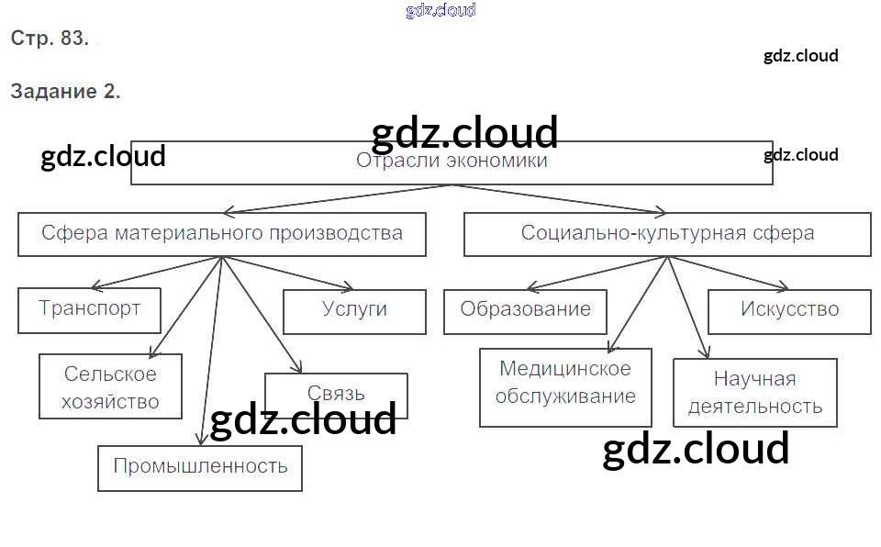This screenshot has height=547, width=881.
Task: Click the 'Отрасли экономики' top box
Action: pos(452,162)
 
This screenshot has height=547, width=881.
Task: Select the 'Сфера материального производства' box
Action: pos(222,233)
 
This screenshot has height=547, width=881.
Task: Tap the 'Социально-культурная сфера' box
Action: pos(667,233)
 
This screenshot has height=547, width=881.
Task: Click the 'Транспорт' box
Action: pos(89,309)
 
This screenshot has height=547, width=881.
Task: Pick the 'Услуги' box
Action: pos(354,310)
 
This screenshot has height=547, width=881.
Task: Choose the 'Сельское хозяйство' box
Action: pos(110,387)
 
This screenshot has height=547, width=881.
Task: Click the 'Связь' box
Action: pos(336,393)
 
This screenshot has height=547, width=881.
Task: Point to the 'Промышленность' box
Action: pos(200,466)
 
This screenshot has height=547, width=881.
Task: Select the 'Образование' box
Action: pos(525,309)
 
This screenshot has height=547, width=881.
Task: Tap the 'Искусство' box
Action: pos(789,309)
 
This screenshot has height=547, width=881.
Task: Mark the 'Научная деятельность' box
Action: pos(755,392)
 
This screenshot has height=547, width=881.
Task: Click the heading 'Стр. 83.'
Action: pos(50,39)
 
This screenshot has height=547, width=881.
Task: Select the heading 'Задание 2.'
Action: pos(65,92)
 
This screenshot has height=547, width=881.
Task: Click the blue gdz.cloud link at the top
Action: pos(440,11)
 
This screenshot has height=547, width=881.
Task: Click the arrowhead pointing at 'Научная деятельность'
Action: pos(705,352)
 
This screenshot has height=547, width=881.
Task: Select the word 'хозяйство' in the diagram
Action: pos(110,401)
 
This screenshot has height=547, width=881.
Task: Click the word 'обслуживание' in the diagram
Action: pos(565,396)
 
